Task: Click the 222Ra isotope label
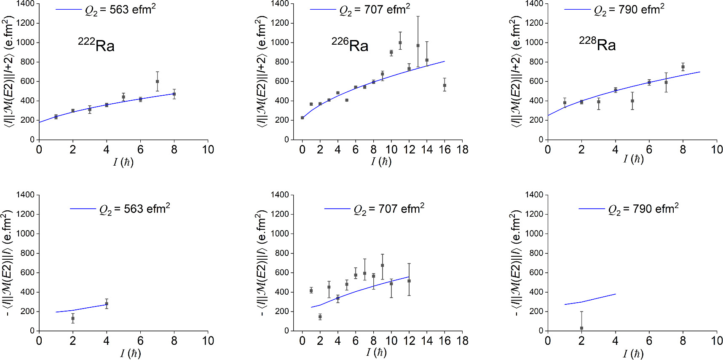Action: [96, 45]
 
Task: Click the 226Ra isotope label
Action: [350, 45]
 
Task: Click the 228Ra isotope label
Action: [597, 44]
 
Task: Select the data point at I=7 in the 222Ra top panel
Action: [157, 81]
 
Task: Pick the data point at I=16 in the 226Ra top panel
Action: [445, 85]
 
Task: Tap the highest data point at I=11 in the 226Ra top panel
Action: [400, 43]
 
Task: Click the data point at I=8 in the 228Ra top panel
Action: [683, 67]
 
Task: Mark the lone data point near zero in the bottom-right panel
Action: [581, 328]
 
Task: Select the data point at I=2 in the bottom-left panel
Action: [73, 318]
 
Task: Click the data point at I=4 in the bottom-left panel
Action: [107, 304]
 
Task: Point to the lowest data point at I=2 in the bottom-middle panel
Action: [320, 317]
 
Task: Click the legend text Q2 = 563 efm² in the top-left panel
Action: [121, 10]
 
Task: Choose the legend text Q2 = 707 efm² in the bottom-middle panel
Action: [389, 209]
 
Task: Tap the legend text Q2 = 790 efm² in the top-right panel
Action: [629, 10]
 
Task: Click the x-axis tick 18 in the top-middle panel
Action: [462, 150]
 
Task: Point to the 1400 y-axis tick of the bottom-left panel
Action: [26, 195]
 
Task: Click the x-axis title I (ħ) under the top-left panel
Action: [123, 162]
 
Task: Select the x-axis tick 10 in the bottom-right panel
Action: [717, 341]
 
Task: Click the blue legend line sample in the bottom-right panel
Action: [592, 209]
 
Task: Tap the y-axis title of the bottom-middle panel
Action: [262, 262]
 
